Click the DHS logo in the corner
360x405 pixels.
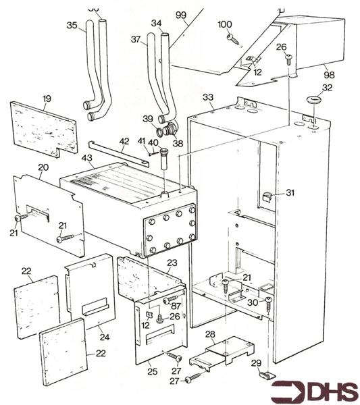pyautogui.click(x=315, y=391)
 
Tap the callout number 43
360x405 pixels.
pyautogui.click(x=87, y=158)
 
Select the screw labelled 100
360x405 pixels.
pyautogui.click(x=234, y=39)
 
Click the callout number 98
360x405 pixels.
pyautogui.click(x=329, y=75)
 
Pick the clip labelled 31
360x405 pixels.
pyautogui.click(x=267, y=196)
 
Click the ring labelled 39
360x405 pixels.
pyautogui.click(x=161, y=132)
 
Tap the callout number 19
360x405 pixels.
pyautogui.click(x=47, y=99)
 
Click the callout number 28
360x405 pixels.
pyautogui.click(x=210, y=334)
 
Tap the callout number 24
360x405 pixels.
pyautogui.click(x=105, y=337)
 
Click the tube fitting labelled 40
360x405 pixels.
pyautogui.click(x=163, y=159)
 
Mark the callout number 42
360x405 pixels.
pyautogui.click(x=124, y=142)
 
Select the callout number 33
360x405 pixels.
pyautogui.click(x=208, y=97)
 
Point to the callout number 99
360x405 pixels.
pyautogui.click(x=181, y=15)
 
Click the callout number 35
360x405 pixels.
pyautogui.click(x=72, y=25)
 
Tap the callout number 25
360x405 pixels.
pyautogui.click(x=153, y=371)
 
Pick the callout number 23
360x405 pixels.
pyautogui.click(x=172, y=263)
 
